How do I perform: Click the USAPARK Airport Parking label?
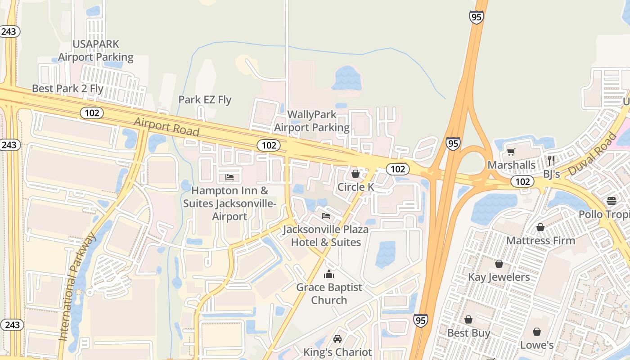coord(96,51)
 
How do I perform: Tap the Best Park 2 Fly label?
coord(67,89)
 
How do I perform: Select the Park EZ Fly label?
coord(205,100)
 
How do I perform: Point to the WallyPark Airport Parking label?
coord(312,121)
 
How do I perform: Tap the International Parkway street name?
coord(77,286)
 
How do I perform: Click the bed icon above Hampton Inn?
coord(229,177)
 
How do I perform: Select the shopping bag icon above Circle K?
coord(355,174)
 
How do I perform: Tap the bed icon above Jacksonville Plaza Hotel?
coord(326,216)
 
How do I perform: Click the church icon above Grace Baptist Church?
coord(329,274)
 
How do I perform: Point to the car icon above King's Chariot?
coord(337,339)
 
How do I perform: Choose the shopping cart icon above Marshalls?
coord(511,152)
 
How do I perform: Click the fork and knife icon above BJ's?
coord(551,160)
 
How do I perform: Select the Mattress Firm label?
coord(540,241)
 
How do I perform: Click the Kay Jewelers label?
coord(499,277)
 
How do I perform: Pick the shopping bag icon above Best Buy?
coord(468,319)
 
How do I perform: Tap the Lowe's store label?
coord(537,345)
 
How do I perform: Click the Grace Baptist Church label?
coord(329,293)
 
